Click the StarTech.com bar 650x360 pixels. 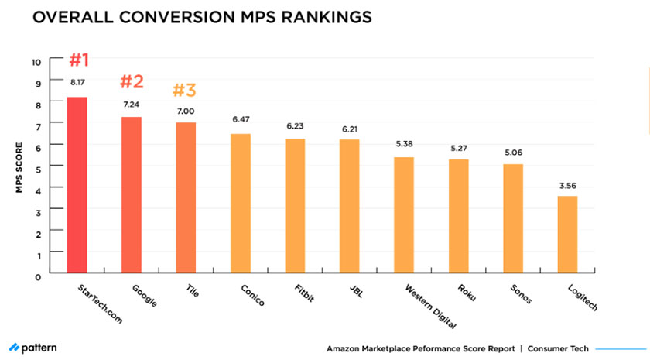click(77, 185)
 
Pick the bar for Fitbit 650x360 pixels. click(295, 206)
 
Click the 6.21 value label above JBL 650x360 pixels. click(350, 126)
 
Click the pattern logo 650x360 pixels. click(32, 348)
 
